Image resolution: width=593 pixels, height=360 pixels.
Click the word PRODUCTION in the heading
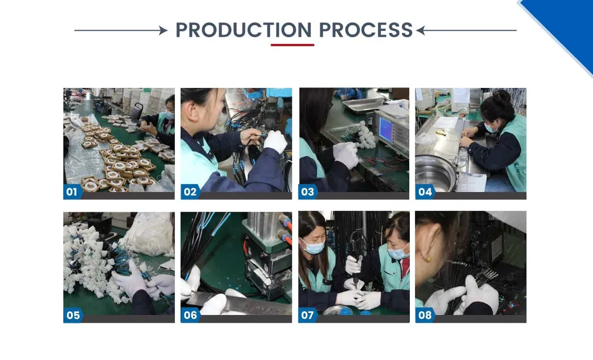click(x=244, y=30)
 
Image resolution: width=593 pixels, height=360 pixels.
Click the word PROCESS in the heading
click(x=366, y=30)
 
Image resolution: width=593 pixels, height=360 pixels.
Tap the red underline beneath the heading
click(x=292, y=45)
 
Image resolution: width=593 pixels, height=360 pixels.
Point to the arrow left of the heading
click(x=121, y=30)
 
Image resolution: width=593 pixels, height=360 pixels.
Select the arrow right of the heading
click(x=466, y=30)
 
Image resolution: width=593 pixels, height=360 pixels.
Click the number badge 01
click(x=72, y=191)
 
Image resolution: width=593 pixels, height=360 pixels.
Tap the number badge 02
click(x=190, y=191)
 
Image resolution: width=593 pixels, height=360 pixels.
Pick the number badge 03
click(x=307, y=191)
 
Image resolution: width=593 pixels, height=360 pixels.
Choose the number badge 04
click(x=424, y=191)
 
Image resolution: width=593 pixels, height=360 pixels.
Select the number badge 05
click(x=73, y=315)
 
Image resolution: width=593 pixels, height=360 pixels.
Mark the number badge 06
click(x=190, y=315)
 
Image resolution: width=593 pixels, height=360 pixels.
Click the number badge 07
click(x=307, y=315)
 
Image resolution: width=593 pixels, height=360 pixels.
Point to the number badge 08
click(x=424, y=315)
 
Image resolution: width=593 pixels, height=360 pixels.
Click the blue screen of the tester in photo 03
click(x=385, y=129)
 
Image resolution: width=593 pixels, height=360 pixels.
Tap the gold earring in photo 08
click(x=428, y=259)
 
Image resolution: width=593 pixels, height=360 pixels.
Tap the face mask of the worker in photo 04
click(x=491, y=128)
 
